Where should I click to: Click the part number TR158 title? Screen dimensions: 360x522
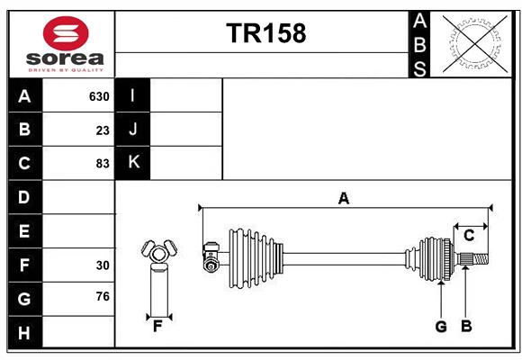[x=265, y=33]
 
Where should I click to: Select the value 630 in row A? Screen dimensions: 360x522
[x=99, y=96]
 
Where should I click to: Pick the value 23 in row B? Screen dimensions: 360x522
[x=103, y=130]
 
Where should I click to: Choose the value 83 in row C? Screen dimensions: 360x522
[x=103, y=164]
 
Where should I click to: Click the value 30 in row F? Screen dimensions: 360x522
[x=103, y=265]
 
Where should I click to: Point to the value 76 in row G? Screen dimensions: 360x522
[x=103, y=296]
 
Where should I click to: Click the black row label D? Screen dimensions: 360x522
[x=24, y=196]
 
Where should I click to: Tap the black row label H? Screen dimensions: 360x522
[x=24, y=333]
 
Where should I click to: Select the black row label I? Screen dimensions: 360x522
[x=133, y=95]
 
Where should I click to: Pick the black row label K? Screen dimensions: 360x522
[x=133, y=163]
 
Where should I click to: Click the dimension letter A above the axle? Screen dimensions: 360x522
[x=343, y=199]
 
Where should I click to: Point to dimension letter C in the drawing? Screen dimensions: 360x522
[x=469, y=236]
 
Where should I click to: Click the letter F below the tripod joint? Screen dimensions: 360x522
[x=157, y=327]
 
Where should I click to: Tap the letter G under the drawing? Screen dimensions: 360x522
[x=441, y=327]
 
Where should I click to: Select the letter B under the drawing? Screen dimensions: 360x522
[x=466, y=327]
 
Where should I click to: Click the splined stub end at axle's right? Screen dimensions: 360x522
[x=474, y=260]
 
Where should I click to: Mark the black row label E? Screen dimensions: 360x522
[x=24, y=231]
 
